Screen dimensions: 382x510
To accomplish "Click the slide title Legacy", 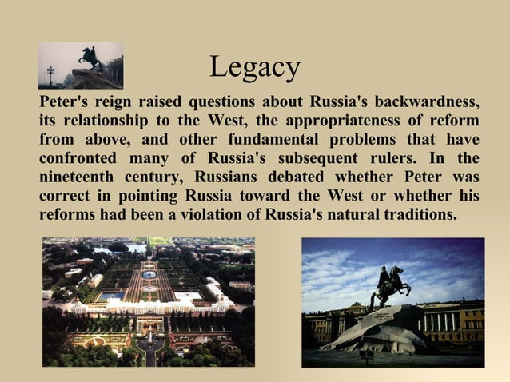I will [x=254, y=67].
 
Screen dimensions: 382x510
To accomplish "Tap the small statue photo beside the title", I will [x=81, y=66].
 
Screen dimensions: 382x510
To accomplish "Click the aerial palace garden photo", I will [x=149, y=301].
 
